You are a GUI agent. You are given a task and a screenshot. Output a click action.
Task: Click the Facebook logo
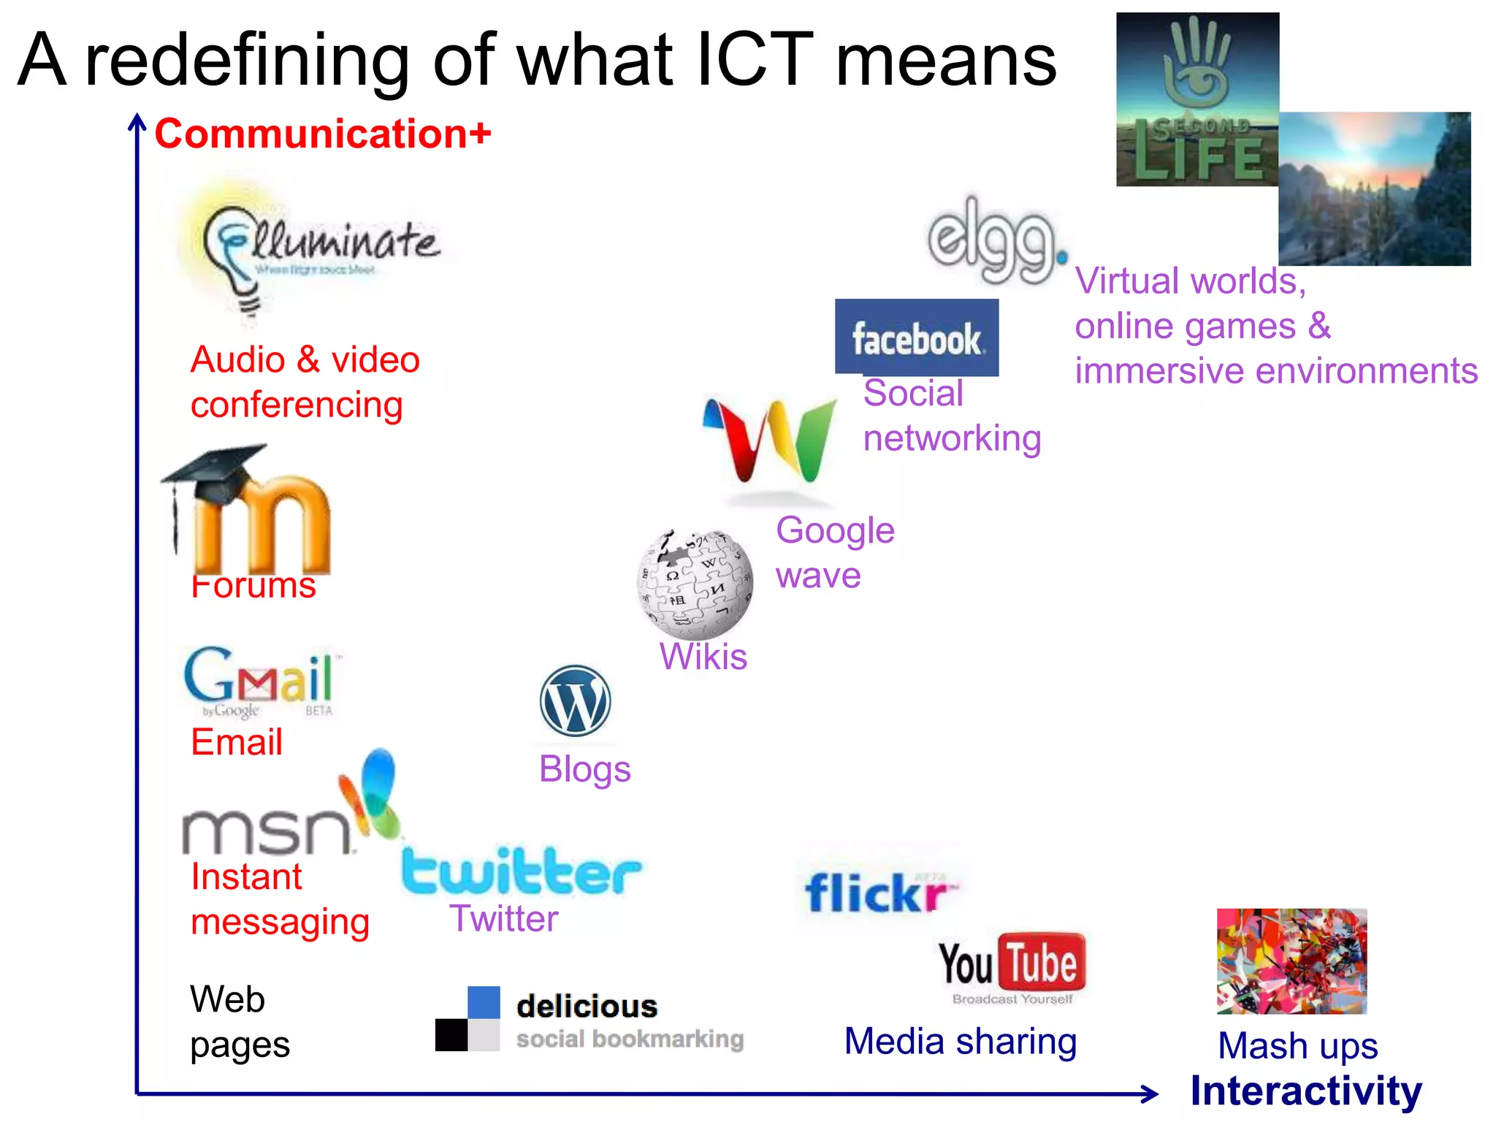917,337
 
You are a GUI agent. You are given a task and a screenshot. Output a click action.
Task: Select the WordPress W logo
575,701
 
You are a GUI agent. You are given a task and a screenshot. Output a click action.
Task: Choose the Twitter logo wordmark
521,871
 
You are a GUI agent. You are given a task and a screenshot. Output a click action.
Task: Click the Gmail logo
259,679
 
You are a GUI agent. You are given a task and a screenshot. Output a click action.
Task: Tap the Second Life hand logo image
1197,99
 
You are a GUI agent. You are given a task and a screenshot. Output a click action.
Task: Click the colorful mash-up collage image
1291,961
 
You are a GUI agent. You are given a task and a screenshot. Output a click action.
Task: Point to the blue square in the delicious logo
484,1002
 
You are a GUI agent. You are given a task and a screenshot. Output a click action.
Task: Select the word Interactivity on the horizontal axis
1306,1091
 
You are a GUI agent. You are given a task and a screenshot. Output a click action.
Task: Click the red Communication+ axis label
323,134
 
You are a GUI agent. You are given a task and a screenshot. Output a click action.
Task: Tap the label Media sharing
961,1041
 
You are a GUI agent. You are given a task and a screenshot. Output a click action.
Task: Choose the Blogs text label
585,769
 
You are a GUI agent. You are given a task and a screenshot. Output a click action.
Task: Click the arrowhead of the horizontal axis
1150,1094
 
